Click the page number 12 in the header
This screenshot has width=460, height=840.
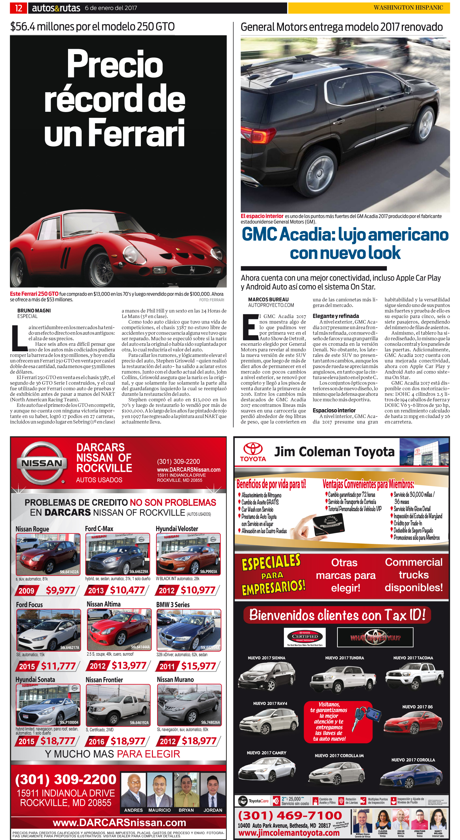(x=19, y=8)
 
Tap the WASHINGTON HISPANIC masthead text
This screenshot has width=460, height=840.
(x=408, y=7)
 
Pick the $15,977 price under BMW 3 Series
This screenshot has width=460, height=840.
(x=198, y=666)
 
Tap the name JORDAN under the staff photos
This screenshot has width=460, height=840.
(x=213, y=810)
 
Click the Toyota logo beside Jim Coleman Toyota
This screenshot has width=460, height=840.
(x=253, y=451)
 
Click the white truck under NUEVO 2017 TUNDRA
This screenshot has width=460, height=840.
(x=343, y=677)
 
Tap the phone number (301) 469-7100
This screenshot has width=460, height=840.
(x=290, y=815)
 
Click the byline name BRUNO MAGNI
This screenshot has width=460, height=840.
(x=34, y=310)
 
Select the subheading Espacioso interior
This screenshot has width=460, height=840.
(x=334, y=410)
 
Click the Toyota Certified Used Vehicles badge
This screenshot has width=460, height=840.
(x=305, y=637)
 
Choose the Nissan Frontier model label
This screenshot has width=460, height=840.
(x=104, y=680)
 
